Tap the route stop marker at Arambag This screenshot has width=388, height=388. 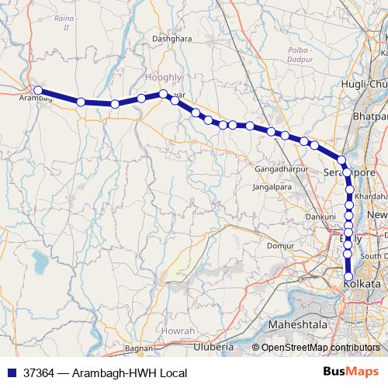38,90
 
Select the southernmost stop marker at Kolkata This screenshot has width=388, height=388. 348,277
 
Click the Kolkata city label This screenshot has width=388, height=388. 362,285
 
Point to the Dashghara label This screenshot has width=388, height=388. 171,59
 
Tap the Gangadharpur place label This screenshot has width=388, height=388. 279,169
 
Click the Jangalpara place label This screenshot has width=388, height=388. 272,188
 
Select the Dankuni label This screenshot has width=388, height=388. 320,217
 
